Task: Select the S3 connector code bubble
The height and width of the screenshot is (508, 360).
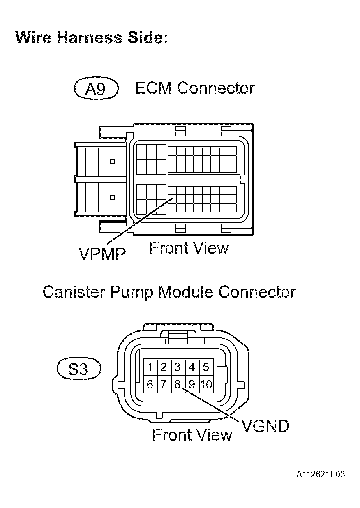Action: point(78,369)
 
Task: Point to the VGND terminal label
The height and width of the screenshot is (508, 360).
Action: point(265,426)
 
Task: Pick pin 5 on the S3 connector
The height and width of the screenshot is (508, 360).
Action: point(206,367)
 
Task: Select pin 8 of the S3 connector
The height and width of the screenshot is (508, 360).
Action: point(178,385)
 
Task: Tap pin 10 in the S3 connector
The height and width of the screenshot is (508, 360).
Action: point(206,385)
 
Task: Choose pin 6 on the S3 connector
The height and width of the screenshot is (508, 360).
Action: point(150,385)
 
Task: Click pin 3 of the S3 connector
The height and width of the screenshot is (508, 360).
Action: point(178,367)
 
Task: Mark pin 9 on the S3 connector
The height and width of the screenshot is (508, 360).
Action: point(192,385)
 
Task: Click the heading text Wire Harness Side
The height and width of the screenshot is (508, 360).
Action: point(92,37)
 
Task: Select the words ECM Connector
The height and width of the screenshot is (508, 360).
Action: point(194,88)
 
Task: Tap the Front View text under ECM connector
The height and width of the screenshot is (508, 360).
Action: point(189,248)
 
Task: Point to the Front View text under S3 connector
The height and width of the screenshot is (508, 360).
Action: point(192,434)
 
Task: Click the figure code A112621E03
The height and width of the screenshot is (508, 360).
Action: point(320,475)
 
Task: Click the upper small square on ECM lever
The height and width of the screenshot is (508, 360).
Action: point(112,162)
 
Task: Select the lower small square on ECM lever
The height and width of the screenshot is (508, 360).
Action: point(112,197)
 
